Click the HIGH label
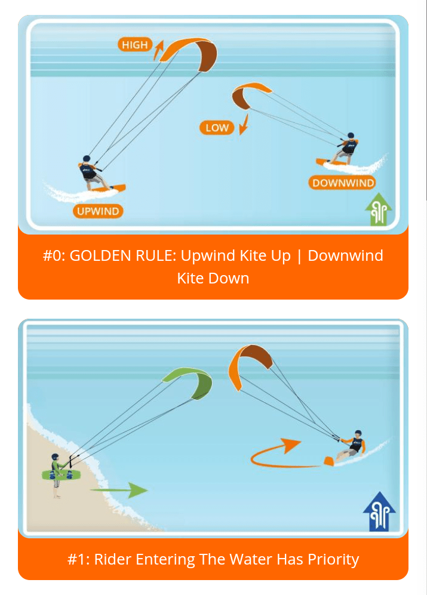click(135, 45)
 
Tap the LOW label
click(217, 128)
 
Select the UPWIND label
click(98, 211)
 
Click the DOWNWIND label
click(342, 183)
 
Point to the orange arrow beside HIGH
click(158, 50)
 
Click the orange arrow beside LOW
click(244, 125)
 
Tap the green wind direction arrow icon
click(379, 209)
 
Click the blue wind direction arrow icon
click(379, 511)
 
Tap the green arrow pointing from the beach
click(118, 490)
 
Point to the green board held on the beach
click(62, 474)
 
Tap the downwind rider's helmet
click(351, 135)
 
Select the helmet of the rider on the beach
click(55, 457)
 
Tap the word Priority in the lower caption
click(333, 560)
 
